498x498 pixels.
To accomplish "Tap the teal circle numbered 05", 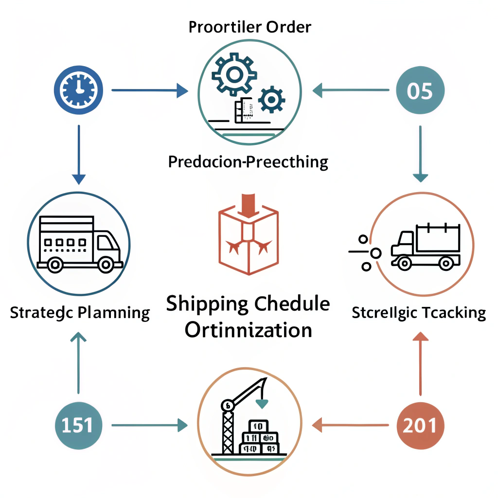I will point(420,90).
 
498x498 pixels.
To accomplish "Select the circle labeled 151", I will point(78,425).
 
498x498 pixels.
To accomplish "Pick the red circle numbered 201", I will point(420,425).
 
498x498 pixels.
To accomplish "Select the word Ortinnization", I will point(249,330).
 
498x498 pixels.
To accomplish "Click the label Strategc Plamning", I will point(80,312).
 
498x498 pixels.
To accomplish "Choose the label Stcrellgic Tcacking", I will point(419,312).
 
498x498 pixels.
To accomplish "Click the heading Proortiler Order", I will point(249,26).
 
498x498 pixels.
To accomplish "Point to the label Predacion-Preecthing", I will point(248,162).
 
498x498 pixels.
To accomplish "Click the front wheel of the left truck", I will point(105,265).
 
